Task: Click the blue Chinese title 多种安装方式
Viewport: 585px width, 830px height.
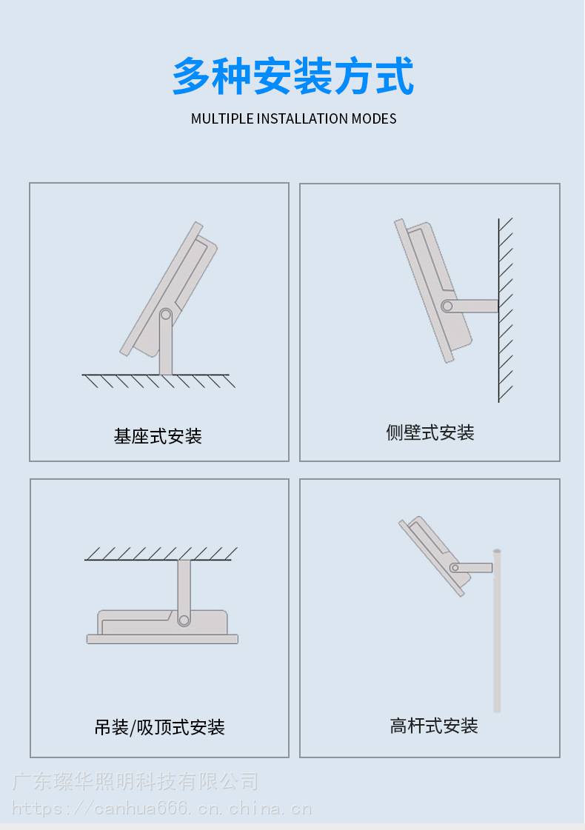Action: pos(292,76)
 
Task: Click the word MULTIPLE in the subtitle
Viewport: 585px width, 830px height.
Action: pos(222,118)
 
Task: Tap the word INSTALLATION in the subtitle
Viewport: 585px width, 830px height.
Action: pos(303,118)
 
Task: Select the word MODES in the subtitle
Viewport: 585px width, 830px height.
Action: pos(374,118)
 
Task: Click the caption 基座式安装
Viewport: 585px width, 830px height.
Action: pos(158,436)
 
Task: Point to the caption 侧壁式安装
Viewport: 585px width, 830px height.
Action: pos(430,432)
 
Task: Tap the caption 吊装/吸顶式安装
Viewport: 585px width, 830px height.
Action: pos(159,727)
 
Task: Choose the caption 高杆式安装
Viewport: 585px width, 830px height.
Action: pos(434,726)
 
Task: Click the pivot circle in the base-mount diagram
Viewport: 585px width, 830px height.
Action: pos(166,315)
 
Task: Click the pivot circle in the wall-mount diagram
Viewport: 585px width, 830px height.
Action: pos(447,306)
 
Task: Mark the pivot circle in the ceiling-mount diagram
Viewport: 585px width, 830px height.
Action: pos(184,619)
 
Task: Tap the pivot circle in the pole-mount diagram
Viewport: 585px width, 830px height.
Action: pos(455,568)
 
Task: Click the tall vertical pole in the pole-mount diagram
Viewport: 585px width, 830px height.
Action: pos(497,631)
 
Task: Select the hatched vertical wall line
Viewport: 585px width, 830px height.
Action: pos(498,309)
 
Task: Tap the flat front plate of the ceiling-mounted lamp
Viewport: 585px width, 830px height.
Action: pos(162,639)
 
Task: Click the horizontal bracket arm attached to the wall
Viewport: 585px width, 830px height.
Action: pos(470,306)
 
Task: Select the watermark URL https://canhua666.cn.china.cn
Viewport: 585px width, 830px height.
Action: pos(161,809)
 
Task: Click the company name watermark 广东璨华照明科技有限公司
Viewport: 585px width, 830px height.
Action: pos(135,781)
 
